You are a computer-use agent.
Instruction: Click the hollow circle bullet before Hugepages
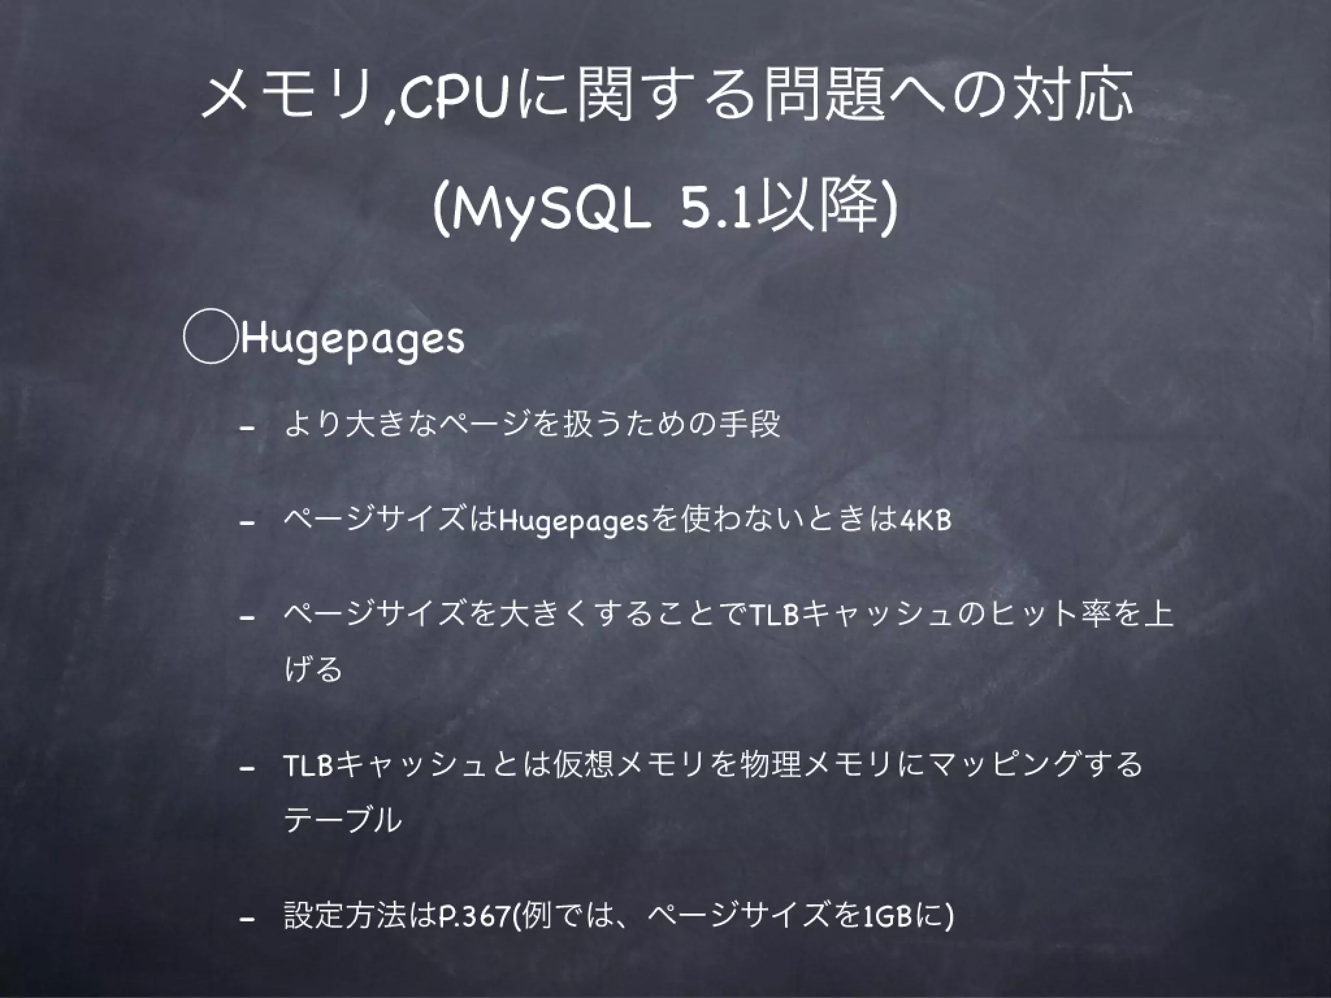(x=209, y=339)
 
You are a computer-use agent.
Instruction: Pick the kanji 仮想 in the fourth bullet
(x=582, y=765)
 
